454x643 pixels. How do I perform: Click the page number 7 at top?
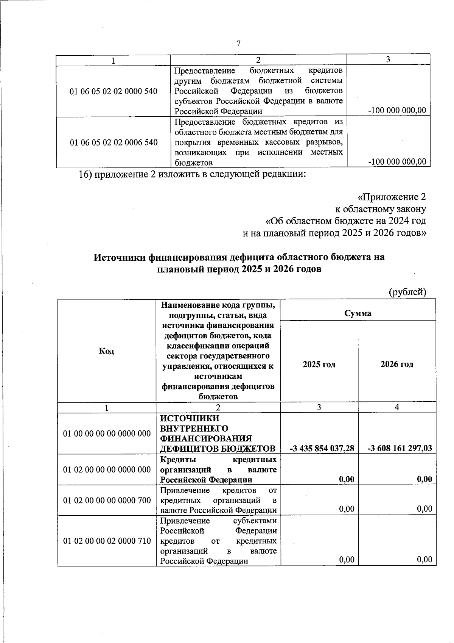238,44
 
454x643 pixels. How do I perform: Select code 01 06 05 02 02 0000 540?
114,91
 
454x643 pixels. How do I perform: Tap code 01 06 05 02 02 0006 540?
114,142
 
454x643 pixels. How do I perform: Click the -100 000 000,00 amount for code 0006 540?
397,162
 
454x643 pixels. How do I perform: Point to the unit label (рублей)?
407,292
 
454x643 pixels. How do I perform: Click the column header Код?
107,351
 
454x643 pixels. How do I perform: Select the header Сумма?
358,313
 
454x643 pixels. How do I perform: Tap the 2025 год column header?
319,365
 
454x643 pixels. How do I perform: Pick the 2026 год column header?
396,365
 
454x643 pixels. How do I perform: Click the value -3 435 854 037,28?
322,449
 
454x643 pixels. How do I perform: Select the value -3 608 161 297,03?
400,449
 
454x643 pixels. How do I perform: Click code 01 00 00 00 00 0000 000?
107,433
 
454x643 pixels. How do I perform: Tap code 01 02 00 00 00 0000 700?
107,501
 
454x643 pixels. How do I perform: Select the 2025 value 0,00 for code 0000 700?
347,509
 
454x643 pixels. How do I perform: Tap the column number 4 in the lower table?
396,407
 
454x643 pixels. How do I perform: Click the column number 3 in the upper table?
388,59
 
